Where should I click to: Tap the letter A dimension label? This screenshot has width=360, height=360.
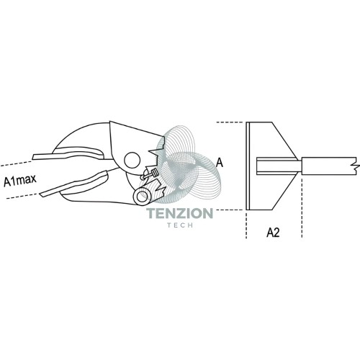[220, 163]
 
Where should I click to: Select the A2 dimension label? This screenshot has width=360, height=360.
[273, 233]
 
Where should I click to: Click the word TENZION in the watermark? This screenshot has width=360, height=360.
[180, 213]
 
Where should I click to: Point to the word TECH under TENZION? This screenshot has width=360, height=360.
[180, 225]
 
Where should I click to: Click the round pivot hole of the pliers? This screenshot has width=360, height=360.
[132, 160]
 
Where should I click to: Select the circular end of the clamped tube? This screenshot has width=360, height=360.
[141, 197]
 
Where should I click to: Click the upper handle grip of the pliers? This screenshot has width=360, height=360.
[70, 154]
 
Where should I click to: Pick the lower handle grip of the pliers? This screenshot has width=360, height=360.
[74, 184]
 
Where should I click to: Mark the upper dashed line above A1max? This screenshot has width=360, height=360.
[17, 163]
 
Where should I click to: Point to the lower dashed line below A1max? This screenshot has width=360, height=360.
[22, 196]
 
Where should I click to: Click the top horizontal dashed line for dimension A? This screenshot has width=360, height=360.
[231, 122]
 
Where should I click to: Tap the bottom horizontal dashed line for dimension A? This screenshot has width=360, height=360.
[231, 210]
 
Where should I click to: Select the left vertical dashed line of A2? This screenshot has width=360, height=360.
[246, 224]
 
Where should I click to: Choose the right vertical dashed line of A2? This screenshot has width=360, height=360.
[302, 207]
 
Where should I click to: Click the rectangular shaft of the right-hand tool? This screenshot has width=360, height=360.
[329, 166]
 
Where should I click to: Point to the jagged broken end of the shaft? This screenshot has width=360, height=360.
[355, 166]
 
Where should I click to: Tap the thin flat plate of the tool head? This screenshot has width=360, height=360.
[248, 166]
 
